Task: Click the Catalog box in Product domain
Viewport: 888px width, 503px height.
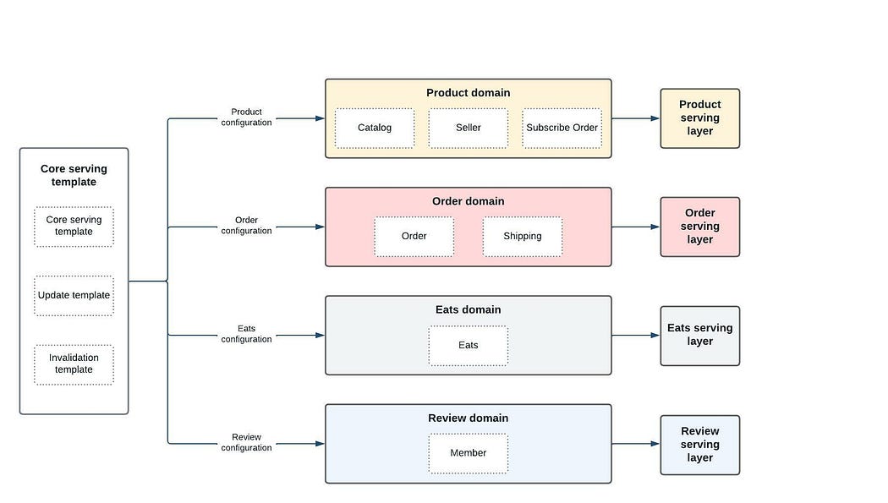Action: (x=375, y=128)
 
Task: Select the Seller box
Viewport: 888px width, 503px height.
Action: (x=469, y=128)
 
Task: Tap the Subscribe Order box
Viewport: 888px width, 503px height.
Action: (x=562, y=128)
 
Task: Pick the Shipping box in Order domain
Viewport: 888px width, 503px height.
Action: (x=522, y=237)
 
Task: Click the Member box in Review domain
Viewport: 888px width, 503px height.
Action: (x=469, y=453)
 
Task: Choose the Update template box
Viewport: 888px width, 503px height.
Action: (x=74, y=295)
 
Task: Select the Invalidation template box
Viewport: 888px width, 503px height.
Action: (x=74, y=364)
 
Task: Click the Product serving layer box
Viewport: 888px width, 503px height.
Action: (x=700, y=118)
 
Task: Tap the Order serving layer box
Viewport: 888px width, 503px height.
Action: (x=700, y=227)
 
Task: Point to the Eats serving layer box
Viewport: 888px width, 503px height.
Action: (x=700, y=336)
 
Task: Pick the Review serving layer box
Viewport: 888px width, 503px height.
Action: (x=700, y=445)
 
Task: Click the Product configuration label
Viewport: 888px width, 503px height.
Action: (x=246, y=118)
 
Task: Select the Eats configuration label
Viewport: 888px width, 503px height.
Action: (x=246, y=334)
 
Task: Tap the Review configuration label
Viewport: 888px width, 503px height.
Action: (x=246, y=442)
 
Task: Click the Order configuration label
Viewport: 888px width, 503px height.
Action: (x=246, y=225)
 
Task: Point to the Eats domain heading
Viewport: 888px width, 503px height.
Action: (x=469, y=309)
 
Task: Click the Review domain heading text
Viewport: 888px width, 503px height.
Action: (x=469, y=418)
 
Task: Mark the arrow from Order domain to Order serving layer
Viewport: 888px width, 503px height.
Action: (x=636, y=227)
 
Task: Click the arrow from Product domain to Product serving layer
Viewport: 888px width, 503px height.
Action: (x=636, y=118)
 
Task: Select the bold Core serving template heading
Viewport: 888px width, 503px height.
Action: (x=74, y=175)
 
